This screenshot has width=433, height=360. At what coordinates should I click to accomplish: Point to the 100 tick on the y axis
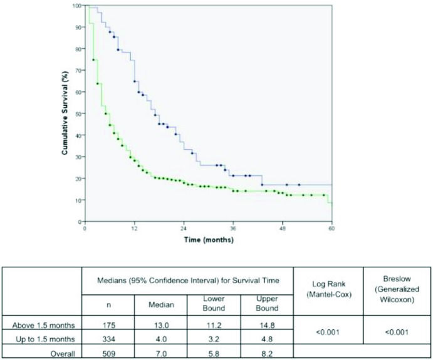coord(77,6)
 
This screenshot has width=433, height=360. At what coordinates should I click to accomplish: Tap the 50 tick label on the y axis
coord(78,114)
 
